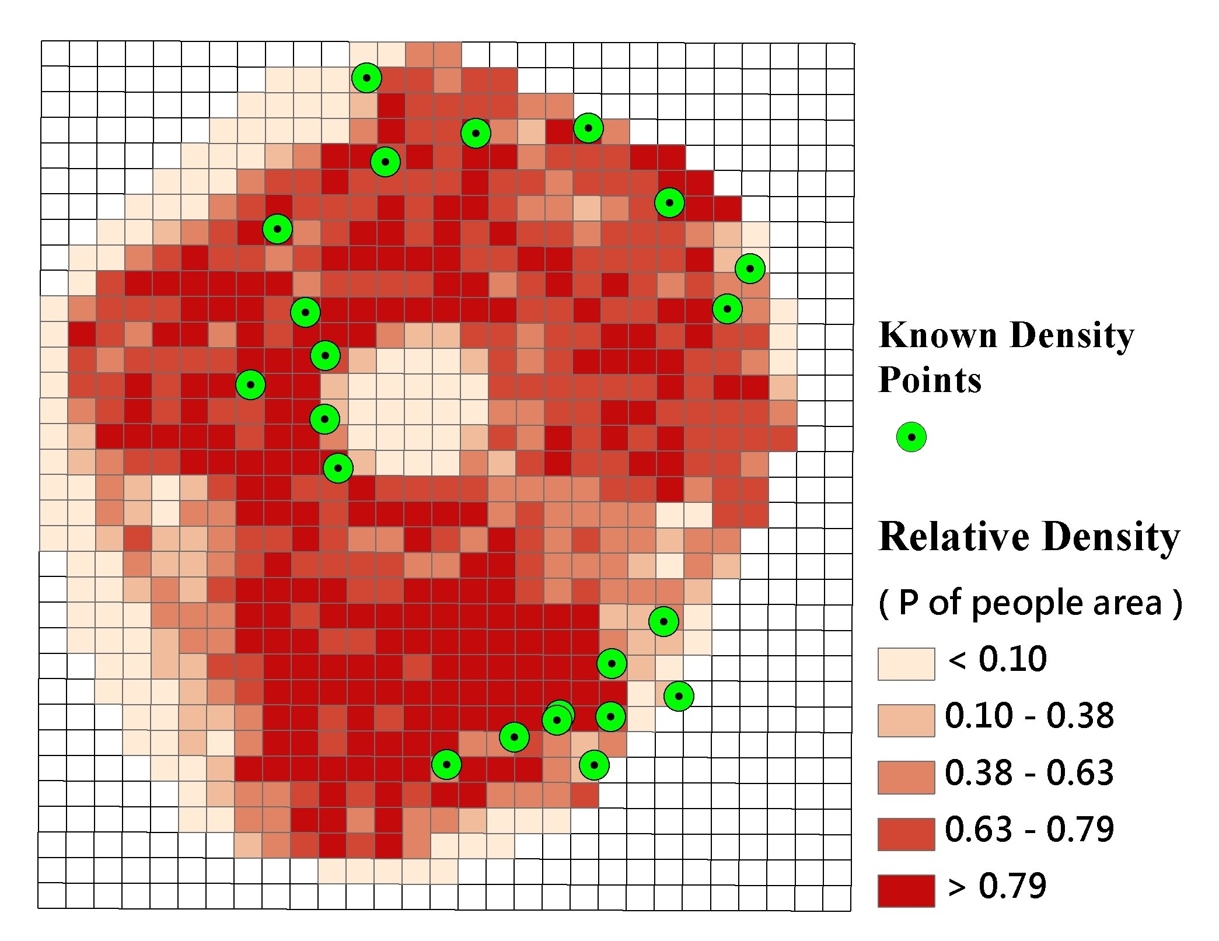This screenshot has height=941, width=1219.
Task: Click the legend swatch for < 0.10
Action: click(x=906, y=664)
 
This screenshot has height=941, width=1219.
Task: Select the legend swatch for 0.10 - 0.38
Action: click(x=906, y=720)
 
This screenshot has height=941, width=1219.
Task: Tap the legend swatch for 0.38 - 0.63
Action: click(x=906, y=777)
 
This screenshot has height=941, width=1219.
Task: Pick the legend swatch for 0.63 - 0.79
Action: click(x=906, y=834)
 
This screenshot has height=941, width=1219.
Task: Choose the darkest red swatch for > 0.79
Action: click(x=906, y=890)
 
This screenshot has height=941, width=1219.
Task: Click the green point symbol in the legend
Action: click(x=911, y=437)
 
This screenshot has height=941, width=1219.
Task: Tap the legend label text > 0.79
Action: click(x=997, y=886)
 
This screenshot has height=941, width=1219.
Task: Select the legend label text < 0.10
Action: click(x=997, y=659)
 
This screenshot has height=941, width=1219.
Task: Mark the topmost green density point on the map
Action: click(x=366, y=78)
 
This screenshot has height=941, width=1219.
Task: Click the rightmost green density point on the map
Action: click(x=750, y=269)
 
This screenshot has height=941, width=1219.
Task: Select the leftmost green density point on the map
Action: click(x=250, y=385)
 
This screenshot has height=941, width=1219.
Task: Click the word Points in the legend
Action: click(x=930, y=380)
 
